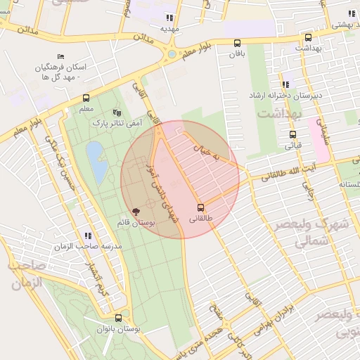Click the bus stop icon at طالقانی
(201, 207)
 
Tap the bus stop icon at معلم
(86, 98)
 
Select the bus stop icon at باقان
(237, 42)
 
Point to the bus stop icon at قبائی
(292, 134)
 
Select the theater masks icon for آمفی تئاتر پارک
(117, 112)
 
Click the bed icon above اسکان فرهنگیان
(60, 57)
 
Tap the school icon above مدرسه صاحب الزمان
(87, 236)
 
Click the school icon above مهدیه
(169, 18)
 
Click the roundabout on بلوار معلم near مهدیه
(172, 53)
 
